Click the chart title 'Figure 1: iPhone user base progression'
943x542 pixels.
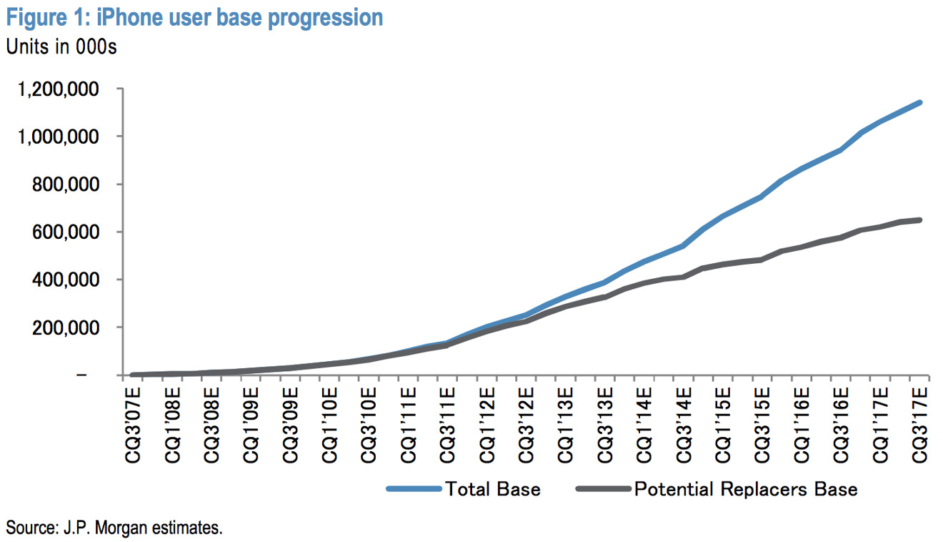[194, 18]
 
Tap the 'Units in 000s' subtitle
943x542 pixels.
[61, 46]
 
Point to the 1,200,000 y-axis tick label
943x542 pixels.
[58, 89]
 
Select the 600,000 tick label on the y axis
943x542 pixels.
[66, 232]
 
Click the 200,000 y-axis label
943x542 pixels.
[66, 327]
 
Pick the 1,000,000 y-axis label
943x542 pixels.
[58, 137]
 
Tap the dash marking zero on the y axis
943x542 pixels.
[81, 375]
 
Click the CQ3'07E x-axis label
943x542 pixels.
[133, 425]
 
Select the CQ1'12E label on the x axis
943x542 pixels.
[487, 425]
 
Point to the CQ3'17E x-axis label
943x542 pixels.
[919, 425]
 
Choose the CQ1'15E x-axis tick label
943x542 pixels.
[723, 425]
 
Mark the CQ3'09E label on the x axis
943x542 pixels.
[290, 425]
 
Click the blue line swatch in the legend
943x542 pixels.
[414, 489]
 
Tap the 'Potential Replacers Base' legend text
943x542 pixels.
[746, 489]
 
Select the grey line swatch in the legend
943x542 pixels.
[603, 489]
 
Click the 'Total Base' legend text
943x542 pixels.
[493, 489]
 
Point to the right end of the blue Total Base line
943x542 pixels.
[919, 102]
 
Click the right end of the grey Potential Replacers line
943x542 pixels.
[919, 220]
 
